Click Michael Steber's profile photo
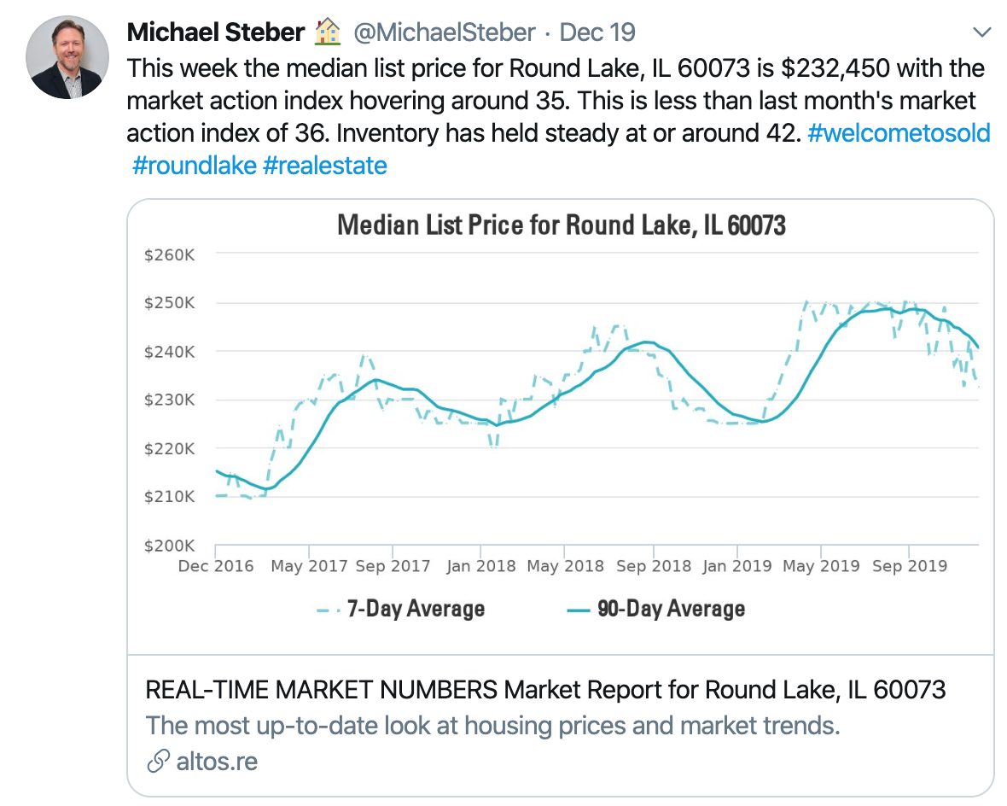67,56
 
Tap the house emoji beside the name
329,32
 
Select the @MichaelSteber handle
444,33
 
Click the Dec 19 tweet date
597,33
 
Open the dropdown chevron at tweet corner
982,33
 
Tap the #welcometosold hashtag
899,133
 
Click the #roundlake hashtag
195,165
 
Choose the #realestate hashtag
325,165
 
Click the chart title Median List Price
561,225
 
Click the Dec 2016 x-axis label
216,566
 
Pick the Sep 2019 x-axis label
909,566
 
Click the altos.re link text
217,761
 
